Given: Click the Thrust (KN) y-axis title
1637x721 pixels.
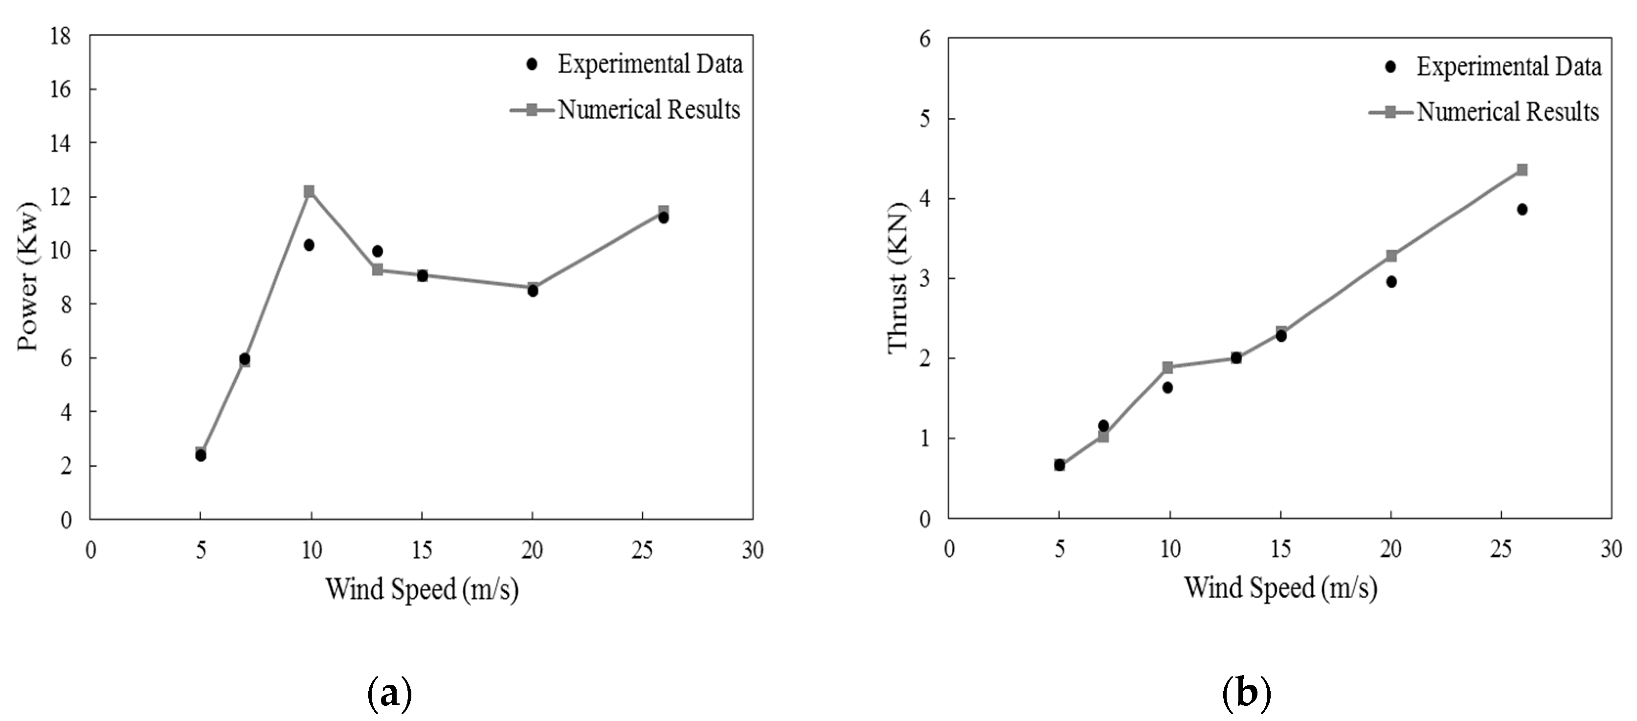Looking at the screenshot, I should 898,278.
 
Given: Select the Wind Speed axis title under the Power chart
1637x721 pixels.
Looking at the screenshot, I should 422,589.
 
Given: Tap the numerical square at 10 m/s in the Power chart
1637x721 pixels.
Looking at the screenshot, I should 309,191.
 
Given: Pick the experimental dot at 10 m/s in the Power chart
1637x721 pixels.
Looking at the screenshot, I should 309,244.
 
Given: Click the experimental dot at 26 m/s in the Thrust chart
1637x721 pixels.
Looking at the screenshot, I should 1522,209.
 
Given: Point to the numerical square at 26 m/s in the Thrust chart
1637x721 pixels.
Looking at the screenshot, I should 1522,170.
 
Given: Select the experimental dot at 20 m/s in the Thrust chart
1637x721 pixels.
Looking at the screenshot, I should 1391,282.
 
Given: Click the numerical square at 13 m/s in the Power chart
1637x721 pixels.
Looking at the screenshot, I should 378,270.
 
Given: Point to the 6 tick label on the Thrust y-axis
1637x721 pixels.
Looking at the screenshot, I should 924,40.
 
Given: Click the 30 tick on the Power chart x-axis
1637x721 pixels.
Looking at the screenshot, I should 752,550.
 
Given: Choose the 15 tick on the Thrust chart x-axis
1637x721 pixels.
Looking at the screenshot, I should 1280,549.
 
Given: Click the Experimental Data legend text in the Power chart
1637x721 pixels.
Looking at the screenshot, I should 650,64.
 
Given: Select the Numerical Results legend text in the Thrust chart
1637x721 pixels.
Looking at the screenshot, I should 1507,112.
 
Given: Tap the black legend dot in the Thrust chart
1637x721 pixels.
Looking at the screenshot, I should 1390,66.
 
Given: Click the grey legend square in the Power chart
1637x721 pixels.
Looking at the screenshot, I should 532,110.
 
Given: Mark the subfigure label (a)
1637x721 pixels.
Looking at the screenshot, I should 389,694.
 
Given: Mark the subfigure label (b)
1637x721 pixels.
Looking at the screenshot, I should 1246,694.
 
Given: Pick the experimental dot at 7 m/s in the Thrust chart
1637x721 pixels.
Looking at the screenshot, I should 1103,426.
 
